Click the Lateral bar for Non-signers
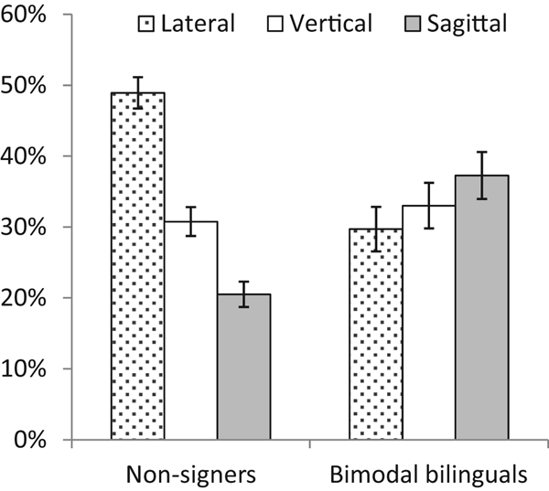(x=137, y=266)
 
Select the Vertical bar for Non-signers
(x=190, y=330)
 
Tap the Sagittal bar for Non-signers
(x=243, y=367)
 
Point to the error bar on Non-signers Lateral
(x=137, y=92)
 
